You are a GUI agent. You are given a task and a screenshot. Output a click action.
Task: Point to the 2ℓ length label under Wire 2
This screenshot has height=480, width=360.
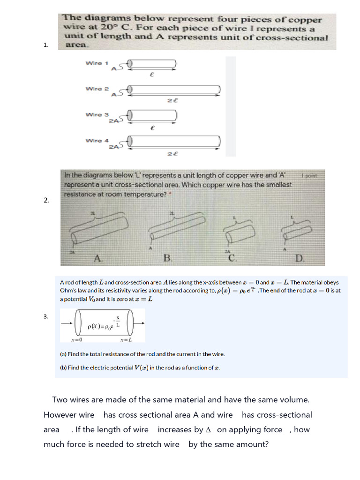[x=173, y=100]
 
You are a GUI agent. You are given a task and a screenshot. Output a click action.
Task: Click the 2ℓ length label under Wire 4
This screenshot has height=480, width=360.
[x=173, y=153]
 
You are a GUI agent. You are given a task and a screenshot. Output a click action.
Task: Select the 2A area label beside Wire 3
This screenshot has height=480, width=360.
[x=113, y=121]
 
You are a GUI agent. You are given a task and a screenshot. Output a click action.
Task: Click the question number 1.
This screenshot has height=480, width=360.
[x=46, y=45]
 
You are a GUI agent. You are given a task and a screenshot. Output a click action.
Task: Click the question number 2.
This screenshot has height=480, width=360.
[x=46, y=200]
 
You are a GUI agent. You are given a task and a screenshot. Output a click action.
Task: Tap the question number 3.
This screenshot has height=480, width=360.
[x=46, y=316]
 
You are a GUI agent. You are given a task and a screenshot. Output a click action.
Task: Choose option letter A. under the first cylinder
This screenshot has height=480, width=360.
[x=97, y=258]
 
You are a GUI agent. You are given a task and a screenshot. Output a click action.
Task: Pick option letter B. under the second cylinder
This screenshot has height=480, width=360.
[x=167, y=258]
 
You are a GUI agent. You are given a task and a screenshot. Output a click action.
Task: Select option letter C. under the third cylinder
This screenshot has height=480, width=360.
[x=233, y=258]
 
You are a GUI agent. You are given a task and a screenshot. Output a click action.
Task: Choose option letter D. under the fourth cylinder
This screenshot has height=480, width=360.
[x=300, y=258]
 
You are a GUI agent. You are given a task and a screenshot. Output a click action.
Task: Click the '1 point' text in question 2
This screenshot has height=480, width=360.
[x=309, y=176]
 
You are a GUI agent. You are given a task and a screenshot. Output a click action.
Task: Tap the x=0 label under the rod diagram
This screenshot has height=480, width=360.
[x=76, y=340]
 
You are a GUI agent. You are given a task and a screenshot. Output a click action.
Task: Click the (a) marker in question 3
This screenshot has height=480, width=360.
[x=63, y=354]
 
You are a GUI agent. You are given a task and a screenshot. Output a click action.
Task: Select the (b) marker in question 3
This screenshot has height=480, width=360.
[x=63, y=368]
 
